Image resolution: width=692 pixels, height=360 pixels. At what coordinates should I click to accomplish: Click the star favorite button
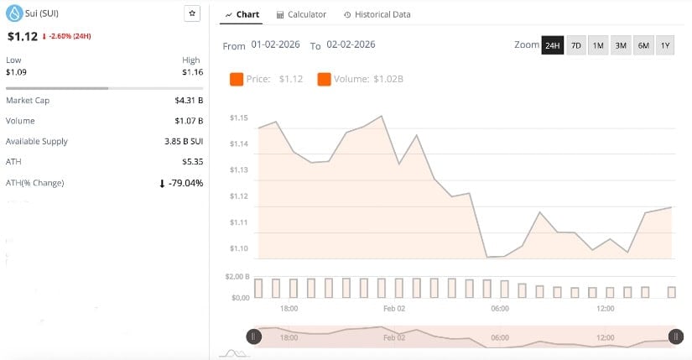pyautogui.click(x=191, y=14)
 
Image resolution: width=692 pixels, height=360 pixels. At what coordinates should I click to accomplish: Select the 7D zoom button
pyautogui.click(x=575, y=45)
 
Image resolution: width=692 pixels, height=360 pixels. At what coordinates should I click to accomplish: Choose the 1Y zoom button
pyautogui.click(x=665, y=45)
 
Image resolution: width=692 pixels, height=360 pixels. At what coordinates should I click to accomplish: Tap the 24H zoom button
pyautogui.click(x=552, y=45)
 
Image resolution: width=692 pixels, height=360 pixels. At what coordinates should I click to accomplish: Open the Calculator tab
pyautogui.click(x=301, y=14)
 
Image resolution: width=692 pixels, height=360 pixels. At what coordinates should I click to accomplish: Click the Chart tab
pyautogui.click(x=242, y=14)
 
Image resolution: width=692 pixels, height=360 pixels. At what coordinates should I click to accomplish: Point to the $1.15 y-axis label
pyautogui.click(x=239, y=117)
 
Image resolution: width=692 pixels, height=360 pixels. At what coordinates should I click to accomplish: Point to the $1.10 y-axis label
pyautogui.click(x=239, y=248)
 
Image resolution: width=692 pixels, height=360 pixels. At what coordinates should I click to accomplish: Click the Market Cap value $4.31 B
pyautogui.click(x=189, y=101)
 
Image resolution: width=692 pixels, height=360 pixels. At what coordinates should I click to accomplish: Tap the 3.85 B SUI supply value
pyautogui.click(x=184, y=141)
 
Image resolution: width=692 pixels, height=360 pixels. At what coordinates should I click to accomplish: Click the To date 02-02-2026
pyautogui.click(x=351, y=44)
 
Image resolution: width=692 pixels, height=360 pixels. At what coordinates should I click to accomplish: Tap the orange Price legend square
pyautogui.click(x=237, y=80)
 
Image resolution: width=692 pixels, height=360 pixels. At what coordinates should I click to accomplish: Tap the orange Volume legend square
pyautogui.click(x=324, y=80)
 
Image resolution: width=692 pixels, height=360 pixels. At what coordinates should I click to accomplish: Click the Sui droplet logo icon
pyautogui.click(x=13, y=13)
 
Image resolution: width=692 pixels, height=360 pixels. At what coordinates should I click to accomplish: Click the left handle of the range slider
pyautogui.click(x=253, y=337)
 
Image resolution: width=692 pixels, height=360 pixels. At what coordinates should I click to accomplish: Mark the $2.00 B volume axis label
pyautogui.click(x=239, y=276)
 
